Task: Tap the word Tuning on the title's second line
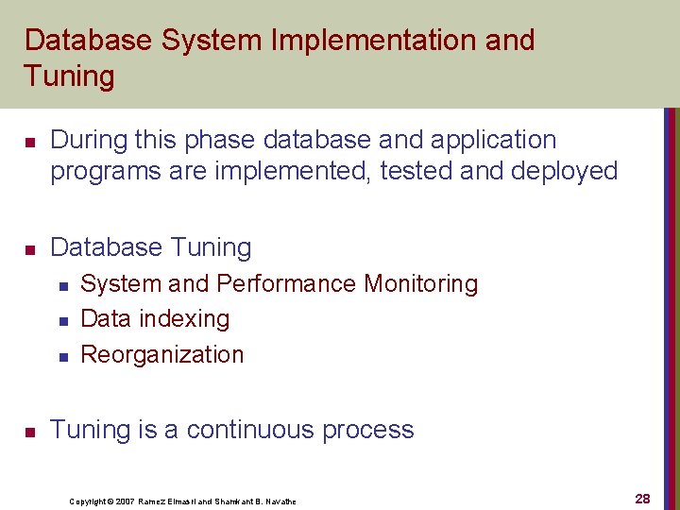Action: (69, 76)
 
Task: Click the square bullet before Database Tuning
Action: (29, 249)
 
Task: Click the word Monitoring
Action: (421, 283)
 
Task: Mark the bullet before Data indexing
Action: (61, 321)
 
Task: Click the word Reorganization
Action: (162, 354)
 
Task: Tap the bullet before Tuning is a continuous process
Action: (29, 432)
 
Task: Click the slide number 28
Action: (642, 499)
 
